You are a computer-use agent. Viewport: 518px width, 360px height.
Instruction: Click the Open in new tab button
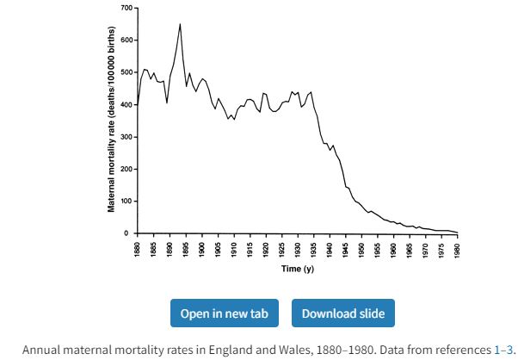(x=224, y=313)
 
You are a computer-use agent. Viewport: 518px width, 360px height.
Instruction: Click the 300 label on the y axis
(x=125, y=137)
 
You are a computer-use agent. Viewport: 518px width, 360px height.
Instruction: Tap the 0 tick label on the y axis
(x=128, y=233)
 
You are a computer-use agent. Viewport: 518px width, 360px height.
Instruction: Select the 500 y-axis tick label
(x=125, y=72)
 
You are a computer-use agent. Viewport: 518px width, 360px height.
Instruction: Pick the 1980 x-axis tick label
(x=458, y=251)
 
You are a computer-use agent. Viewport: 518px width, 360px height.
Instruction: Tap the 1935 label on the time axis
(x=314, y=251)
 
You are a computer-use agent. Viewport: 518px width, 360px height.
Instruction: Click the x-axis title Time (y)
(x=298, y=270)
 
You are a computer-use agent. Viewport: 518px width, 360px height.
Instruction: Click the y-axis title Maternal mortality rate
(x=111, y=120)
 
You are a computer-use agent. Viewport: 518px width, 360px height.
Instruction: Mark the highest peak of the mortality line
(x=180, y=24)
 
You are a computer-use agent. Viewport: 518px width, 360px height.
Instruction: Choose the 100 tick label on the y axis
(x=125, y=202)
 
